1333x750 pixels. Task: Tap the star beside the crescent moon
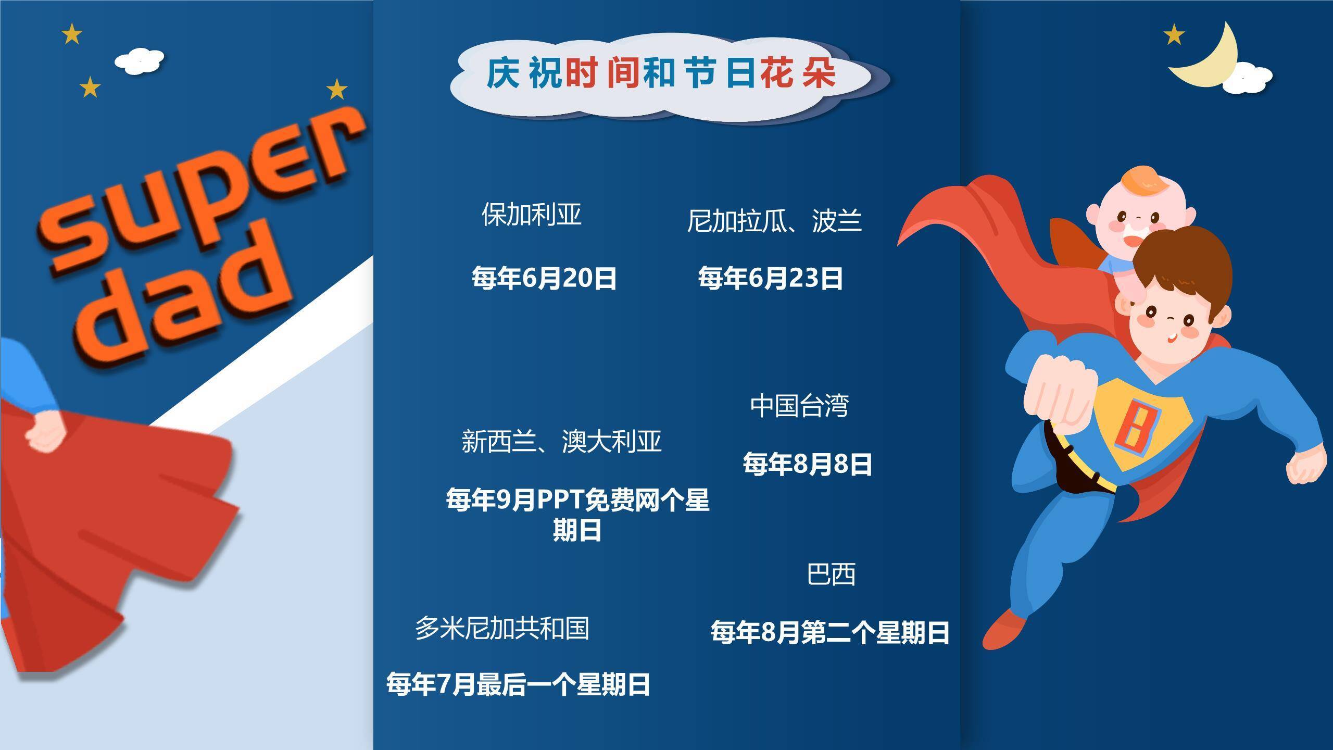(1174, 35)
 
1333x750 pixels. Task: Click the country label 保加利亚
(531, 214)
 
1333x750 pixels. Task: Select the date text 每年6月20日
(544, 278)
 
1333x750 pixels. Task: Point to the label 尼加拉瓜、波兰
(774, 220)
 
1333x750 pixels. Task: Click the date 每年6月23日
(770, 278)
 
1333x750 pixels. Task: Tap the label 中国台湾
(799, 406)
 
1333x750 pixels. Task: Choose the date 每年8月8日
(807, 464)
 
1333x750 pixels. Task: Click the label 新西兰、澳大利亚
(561, 441)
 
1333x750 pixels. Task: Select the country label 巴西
(831, 574)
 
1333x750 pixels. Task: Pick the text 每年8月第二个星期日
(830, 632)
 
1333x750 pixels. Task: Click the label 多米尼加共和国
(502, 628)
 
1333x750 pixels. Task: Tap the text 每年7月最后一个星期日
(518, 684)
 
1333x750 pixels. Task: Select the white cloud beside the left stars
(139, 61)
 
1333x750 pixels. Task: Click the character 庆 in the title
(503, 73)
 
